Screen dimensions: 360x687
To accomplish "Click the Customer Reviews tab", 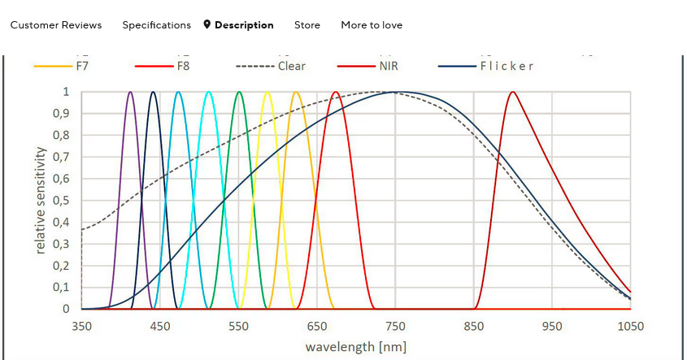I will pyautogui.click(x=56, y=25).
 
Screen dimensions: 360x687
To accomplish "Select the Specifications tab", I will pyautogui.click(x=156, y=25).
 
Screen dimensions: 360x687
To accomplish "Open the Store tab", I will pyautogui.click(x=307, y=25).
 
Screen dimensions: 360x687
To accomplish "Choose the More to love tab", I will pyautogui.click(x=372, y=25).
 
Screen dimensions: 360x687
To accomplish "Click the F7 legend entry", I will pyautogui.click(x=82, y=66).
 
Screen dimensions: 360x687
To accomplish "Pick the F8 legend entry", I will pyautogui.click(x=183, y=66).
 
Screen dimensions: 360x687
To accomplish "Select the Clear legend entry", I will pyautogui.click(x=291, y=66).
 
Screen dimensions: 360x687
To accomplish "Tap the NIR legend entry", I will pyautogui.click(x=389, y=66).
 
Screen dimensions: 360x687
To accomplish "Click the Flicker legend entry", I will pyautogui.click(x=507, y=66).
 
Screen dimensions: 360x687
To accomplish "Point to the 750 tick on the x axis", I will pyautogui.click(x=395, y=327).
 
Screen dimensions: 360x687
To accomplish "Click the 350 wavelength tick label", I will pyautogui.click(x=81, y=327).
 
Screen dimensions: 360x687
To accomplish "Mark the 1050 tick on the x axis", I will pyautogui.click(x=631, y=327).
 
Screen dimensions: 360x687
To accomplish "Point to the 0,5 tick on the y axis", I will pyautogui.click(x=60, y=201).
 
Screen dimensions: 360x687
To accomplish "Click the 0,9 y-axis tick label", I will pyautogui.click(x=60, y=114).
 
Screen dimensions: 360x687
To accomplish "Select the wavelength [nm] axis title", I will pyautogui.click(x=355, y=347).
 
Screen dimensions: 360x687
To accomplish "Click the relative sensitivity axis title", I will pyautogui.click(x=41, y=200).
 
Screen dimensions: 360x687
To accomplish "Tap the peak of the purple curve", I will pyautogui.click(x=130, y=92).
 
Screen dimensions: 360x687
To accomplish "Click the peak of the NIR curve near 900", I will pyautogui.click(x=512, y=92).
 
